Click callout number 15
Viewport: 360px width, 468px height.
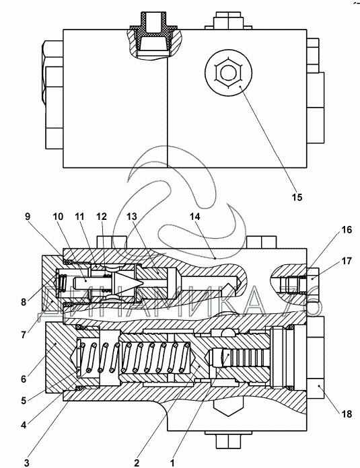pos(297,197)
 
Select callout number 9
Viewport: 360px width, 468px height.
pos(28,217)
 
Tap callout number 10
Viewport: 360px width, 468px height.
pos(59,217)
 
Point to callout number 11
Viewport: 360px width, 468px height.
pos(79,217)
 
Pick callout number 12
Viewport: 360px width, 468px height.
pos(102,217)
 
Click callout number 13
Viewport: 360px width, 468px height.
pos(131,217)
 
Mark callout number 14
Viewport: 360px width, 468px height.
pos(194,217)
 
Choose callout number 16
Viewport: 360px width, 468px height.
pos(347,230)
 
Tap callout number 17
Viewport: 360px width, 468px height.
pos(347,261)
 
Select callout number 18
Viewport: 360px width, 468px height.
pos(347,414)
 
